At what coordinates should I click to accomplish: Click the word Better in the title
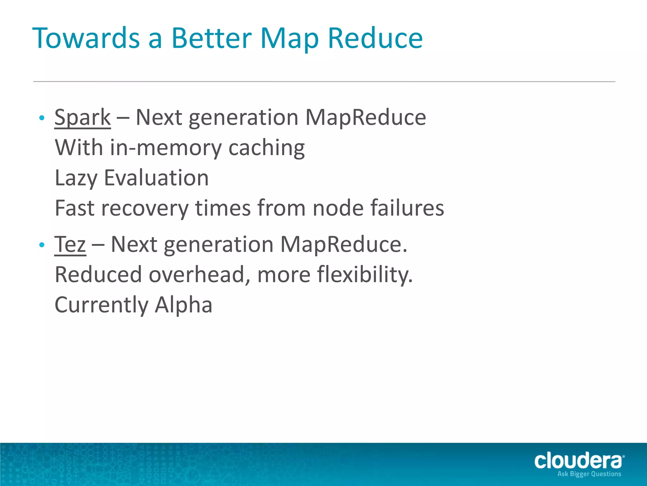[211, 38]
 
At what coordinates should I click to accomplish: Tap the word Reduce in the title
[375, 38]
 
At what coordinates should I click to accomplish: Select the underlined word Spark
[82, 118]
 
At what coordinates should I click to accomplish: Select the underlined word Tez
[70, 245]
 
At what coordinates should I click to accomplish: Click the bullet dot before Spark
[41, 118]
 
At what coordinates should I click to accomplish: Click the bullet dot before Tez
[41, 245]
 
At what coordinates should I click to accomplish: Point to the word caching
[266, 148]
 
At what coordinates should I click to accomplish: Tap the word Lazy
[76, 178]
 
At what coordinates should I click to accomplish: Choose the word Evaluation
[156, 178]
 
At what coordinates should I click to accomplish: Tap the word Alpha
[184, 305]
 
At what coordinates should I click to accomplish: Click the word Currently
[101, 305]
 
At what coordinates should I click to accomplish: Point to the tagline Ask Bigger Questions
[589, 474]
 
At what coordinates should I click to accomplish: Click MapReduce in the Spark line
[366, 118]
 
